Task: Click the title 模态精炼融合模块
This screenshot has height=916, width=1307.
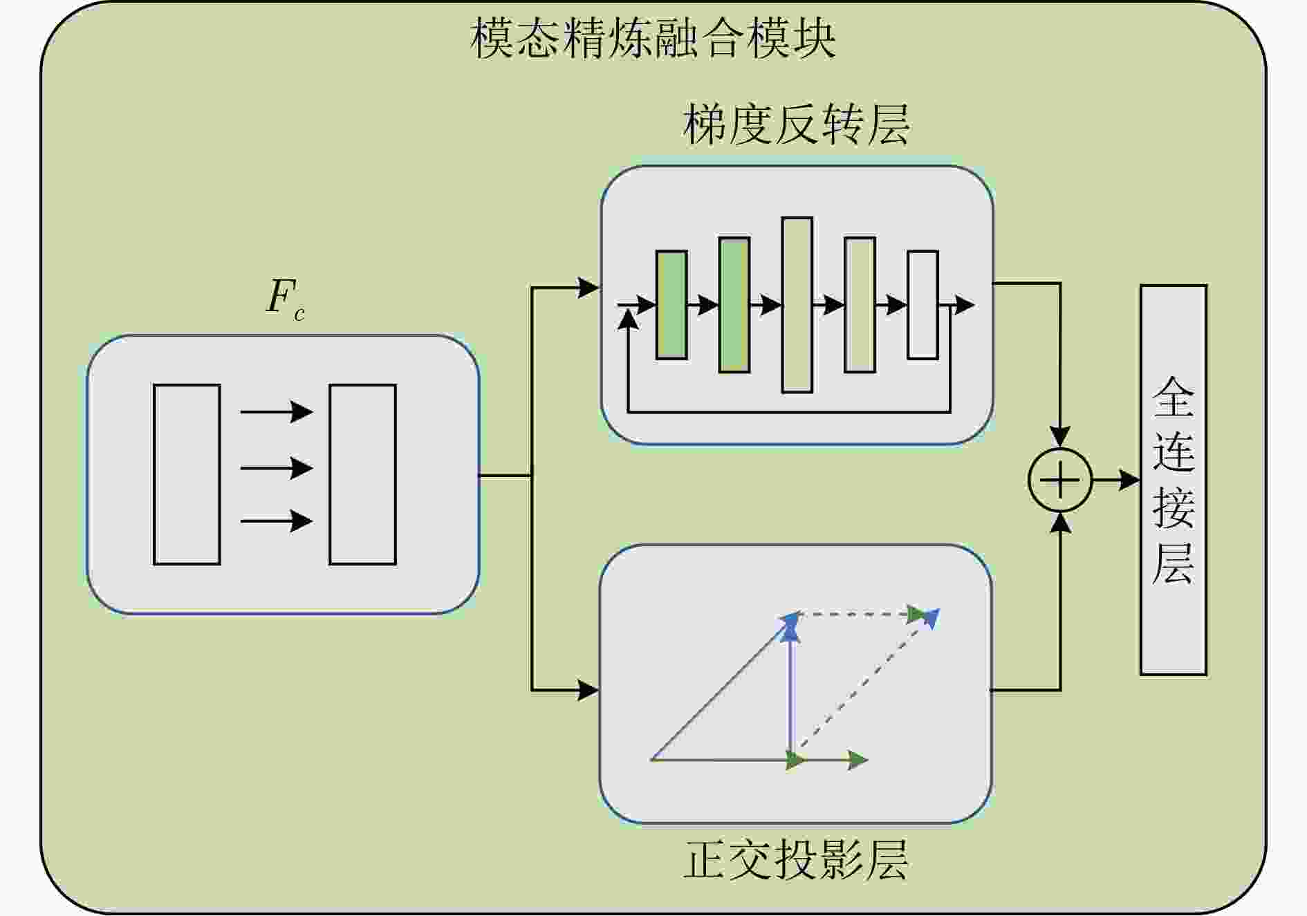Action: point(653,38)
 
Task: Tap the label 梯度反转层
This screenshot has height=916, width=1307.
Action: point(796,125)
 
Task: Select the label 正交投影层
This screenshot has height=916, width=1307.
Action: point(796,859)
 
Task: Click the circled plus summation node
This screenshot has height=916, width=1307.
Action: point(1059,480)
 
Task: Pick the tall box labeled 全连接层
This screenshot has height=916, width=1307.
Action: point(1173,480)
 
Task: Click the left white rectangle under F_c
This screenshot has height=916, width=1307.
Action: point(187,474)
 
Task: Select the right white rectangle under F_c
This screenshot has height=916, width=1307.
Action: point(362,474)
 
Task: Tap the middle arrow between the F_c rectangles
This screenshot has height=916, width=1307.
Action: point(277,468)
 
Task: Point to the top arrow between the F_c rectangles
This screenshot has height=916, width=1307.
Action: point(277,412)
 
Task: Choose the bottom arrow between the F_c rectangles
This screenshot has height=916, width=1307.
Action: point(277,521)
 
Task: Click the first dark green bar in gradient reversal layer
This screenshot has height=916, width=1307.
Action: point(671,305)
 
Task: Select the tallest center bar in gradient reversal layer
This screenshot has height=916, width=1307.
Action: point(797,305)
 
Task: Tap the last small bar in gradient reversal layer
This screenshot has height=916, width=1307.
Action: point(923,305)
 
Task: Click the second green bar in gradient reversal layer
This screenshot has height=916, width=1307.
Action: point(734,305)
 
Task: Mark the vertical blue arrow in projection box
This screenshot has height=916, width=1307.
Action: point(790,691)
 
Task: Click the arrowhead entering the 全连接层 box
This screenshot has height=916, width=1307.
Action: point(1130,480)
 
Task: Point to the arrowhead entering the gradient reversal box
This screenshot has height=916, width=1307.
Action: point(588,288)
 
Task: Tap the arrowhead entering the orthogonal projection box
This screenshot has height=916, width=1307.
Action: point(588,689)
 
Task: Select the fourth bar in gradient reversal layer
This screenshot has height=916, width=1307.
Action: point(860,305)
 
